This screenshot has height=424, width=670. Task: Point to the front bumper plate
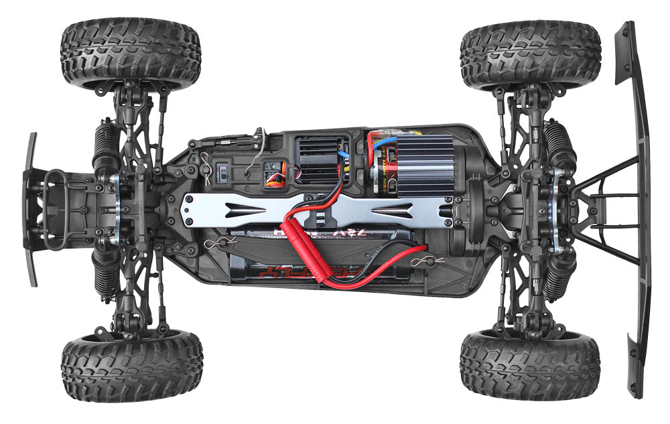pyautogui.click(x=31, y=208)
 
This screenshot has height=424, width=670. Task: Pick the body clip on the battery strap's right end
pyautogui.click(x=422, y=260)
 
